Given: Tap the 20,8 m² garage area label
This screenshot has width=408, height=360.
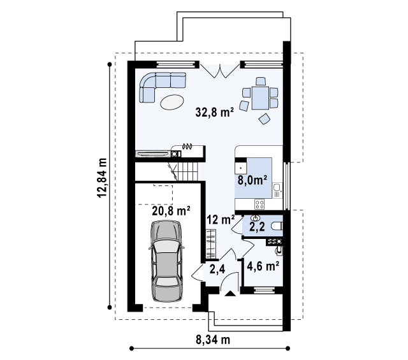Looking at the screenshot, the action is (x=171, y=211).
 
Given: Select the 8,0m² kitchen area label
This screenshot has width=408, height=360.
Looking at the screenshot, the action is (x=252, y=180).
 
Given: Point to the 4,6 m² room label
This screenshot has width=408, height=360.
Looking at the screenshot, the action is (x=263, y=266).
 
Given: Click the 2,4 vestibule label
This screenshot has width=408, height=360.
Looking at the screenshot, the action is (x=217, y=270).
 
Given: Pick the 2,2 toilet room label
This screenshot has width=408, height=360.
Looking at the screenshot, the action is (x=257, y=227).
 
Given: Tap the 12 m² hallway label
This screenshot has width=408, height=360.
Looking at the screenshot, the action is (x=221, y=220).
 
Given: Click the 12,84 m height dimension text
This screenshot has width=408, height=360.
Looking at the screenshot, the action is (x=102, y=178).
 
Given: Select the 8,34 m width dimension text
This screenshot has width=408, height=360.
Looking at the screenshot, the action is (x=213, y=340).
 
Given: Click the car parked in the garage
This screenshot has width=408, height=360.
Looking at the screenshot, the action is (x=166, y=261).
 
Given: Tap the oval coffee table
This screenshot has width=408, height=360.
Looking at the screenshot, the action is (x=172, y=102).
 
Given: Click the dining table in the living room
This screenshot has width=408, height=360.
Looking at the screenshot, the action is (x=260, y=97).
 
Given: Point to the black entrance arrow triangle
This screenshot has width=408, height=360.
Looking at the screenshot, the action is (x=229, y=294).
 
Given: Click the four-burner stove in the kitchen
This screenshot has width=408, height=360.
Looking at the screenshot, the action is (x=259, y=204).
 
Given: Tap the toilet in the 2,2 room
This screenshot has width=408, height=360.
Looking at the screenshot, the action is (x=277, y=226).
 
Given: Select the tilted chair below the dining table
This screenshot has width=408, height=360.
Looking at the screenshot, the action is (x=265, y=119).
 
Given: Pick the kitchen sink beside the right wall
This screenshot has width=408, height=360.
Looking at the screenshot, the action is (x=277, y=190).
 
